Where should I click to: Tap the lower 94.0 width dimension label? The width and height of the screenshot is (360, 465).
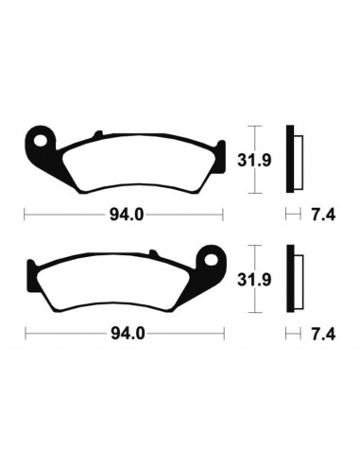pos(126,334)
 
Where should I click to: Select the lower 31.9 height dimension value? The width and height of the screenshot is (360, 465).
pos(269,279)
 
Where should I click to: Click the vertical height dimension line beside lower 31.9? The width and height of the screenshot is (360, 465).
pos(252,279)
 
